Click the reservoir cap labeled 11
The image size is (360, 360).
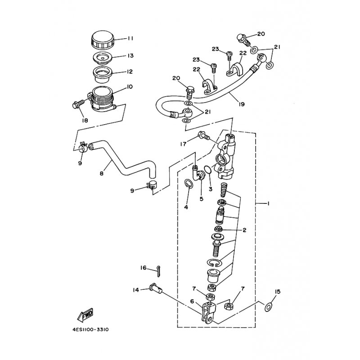tap(103, 40)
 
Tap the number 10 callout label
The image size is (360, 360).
tap(129, 87)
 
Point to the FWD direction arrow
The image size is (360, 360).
tap(85, 315)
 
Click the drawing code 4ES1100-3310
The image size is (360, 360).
tap(90, 330)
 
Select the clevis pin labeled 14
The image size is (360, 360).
tap(155, 288)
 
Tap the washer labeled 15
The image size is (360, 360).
tap(268, 307)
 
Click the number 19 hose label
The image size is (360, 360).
tap(241, 104)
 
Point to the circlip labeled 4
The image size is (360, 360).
tap(189, 184)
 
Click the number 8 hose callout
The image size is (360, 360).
tap(101, 173)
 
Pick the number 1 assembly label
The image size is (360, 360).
tap(267, 203)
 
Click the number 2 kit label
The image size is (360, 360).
tap(244, 230)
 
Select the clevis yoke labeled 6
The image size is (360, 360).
tap(209, 313)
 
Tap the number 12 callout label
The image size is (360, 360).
tap(130, 72)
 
